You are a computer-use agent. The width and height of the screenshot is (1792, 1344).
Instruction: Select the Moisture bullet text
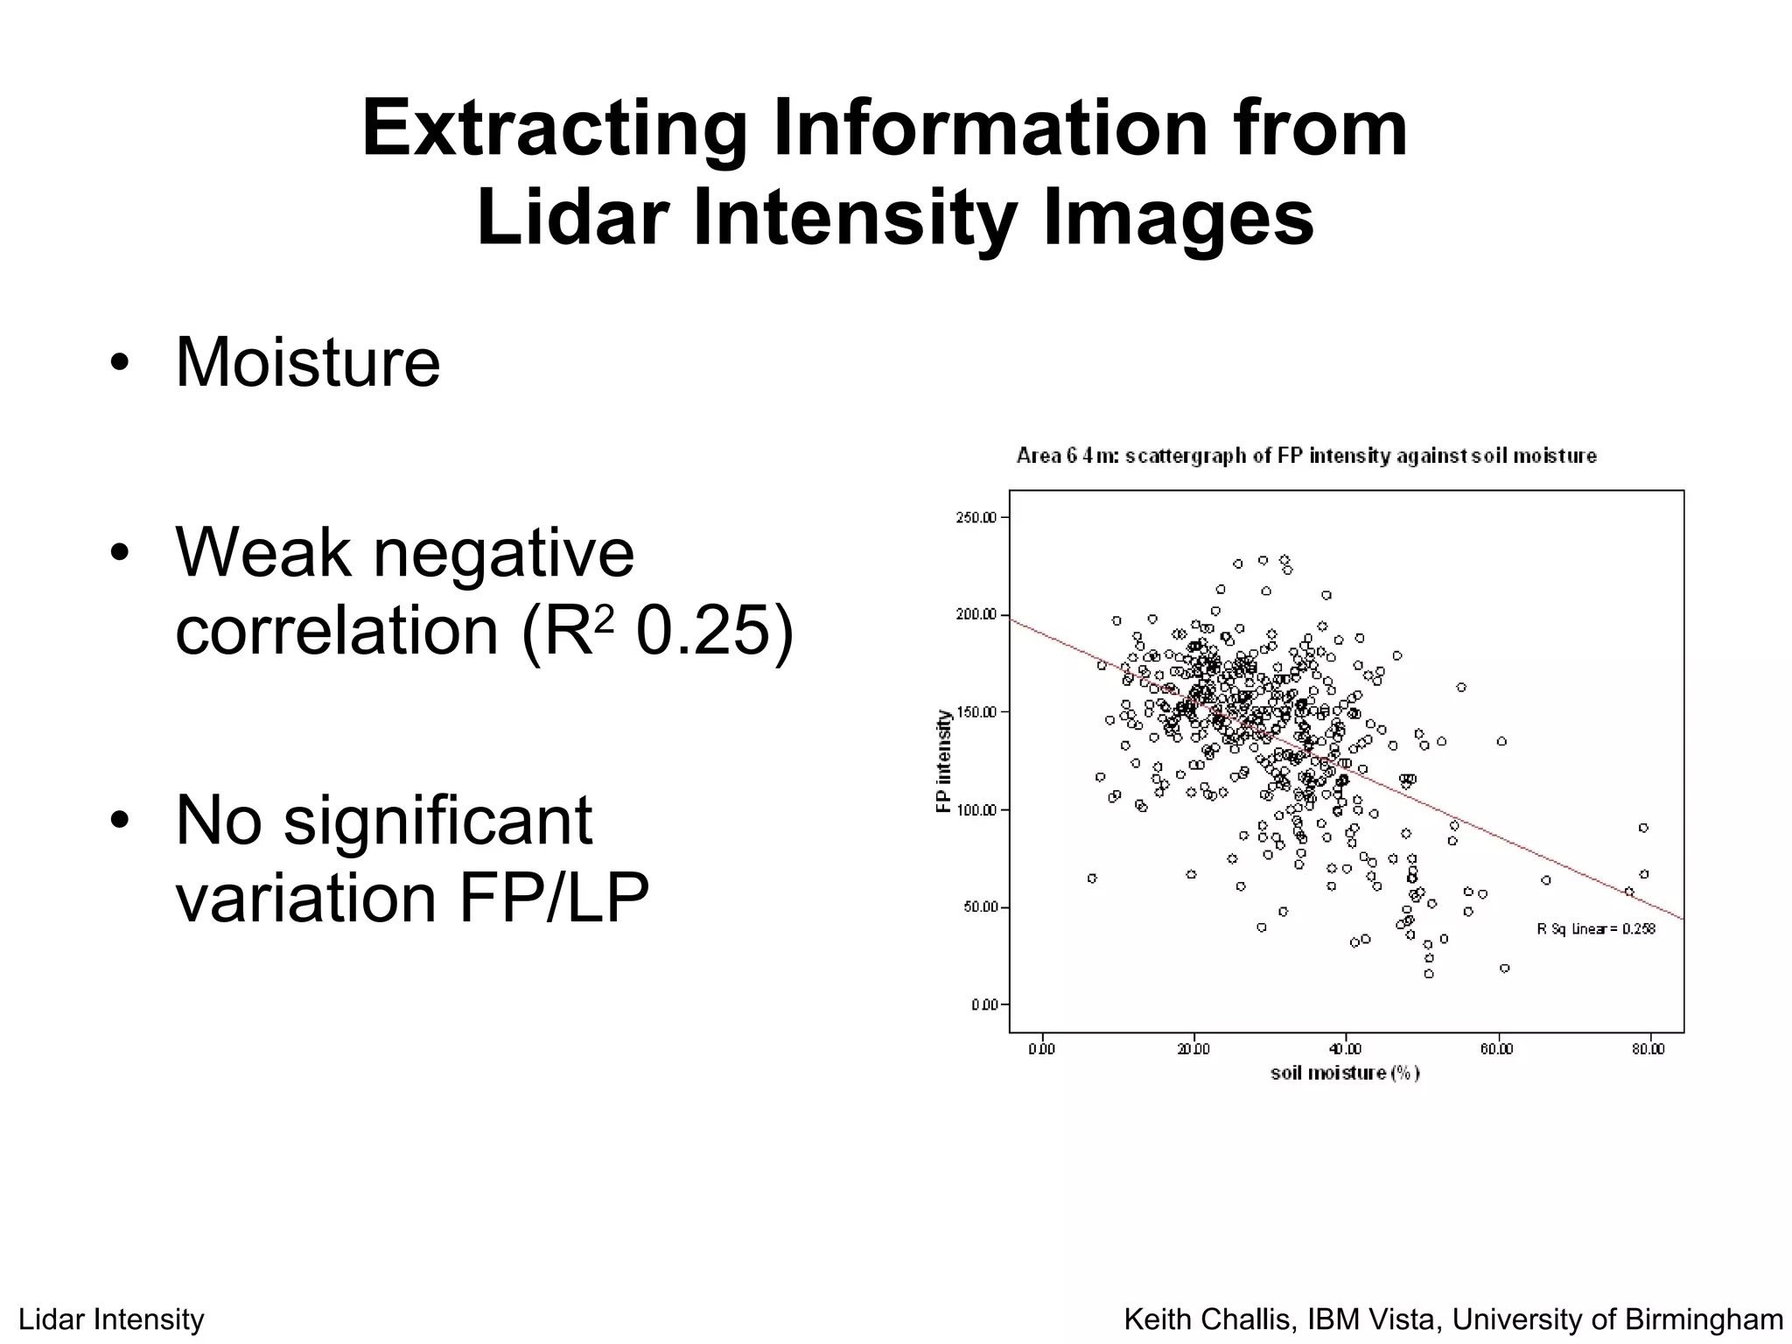(x=307, y=362)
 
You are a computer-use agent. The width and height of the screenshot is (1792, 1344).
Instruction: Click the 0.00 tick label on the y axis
(x=983, y=1004)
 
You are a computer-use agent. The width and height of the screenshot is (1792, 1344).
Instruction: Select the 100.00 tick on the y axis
(x=976, y=810)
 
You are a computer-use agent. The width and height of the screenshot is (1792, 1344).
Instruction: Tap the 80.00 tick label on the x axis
(x=1648, y=1049)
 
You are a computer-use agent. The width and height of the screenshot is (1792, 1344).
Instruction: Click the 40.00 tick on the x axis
(x=1345, y=1049)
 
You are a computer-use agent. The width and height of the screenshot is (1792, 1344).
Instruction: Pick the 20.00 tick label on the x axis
(x=1193, y=1049)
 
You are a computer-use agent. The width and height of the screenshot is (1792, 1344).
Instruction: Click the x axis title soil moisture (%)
(x=1345, y=1073)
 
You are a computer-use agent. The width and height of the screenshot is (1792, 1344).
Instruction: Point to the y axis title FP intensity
(x=943, y=761)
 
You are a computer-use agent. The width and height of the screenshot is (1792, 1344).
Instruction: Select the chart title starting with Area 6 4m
(x=1305, y=456)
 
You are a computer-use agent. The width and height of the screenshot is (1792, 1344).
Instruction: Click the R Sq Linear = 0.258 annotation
(x=1596, y=929)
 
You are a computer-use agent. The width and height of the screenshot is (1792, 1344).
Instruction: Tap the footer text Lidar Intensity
(x=111, y=1319)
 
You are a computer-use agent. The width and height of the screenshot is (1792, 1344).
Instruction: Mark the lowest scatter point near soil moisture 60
(x=1505, y=969)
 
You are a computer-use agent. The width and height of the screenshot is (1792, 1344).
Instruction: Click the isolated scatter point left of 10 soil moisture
(x=1092, y=878)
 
